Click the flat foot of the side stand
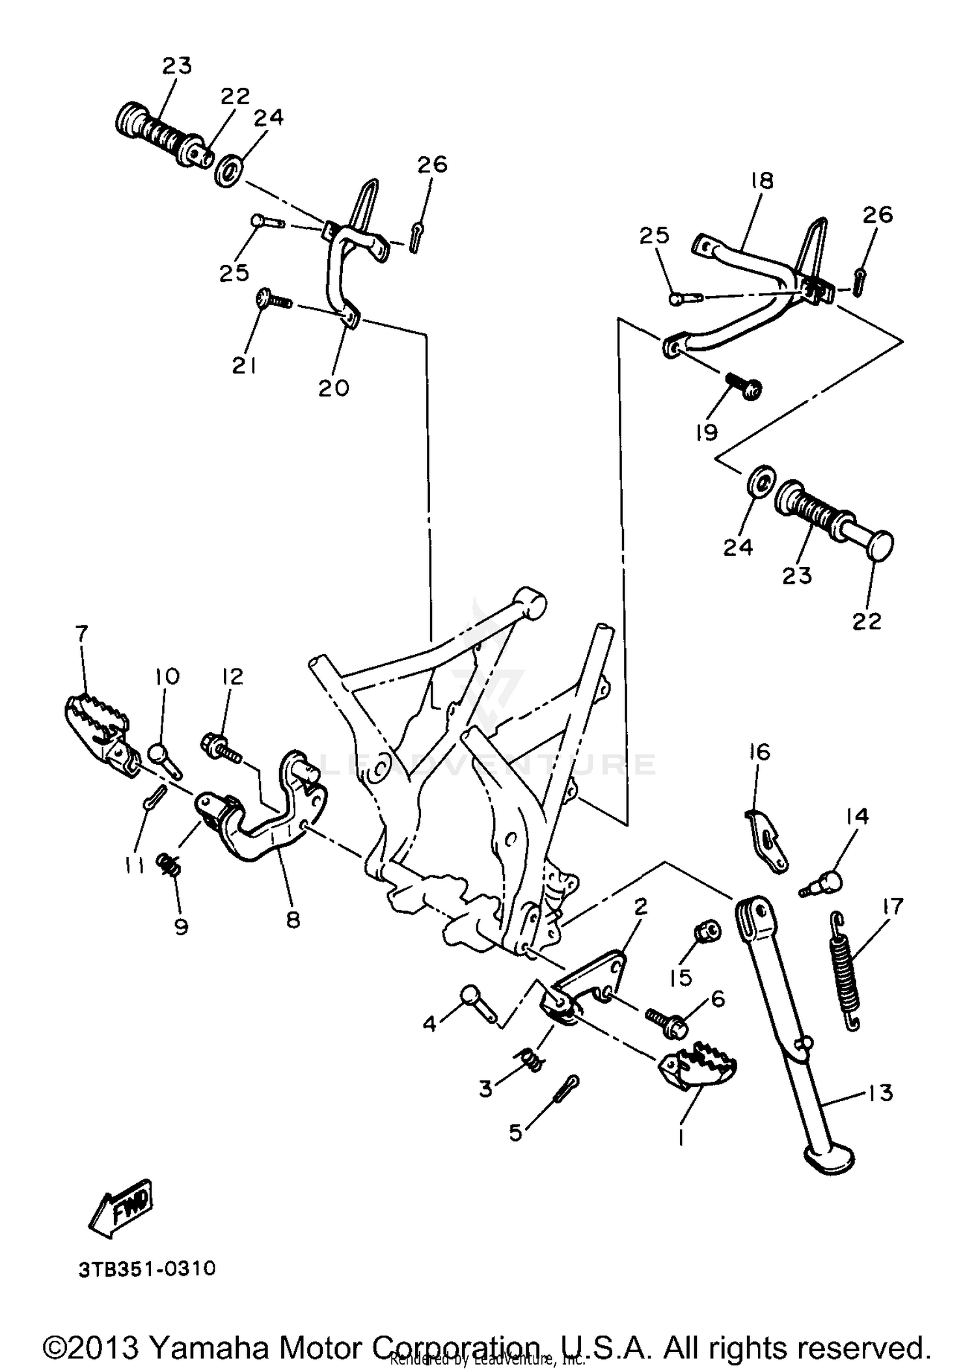tap(829, 1158)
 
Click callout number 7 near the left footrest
tap(82, 633)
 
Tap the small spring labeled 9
tap(169, 865)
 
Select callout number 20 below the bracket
tap(334, 388)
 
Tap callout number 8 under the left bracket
tap(293, 920)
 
